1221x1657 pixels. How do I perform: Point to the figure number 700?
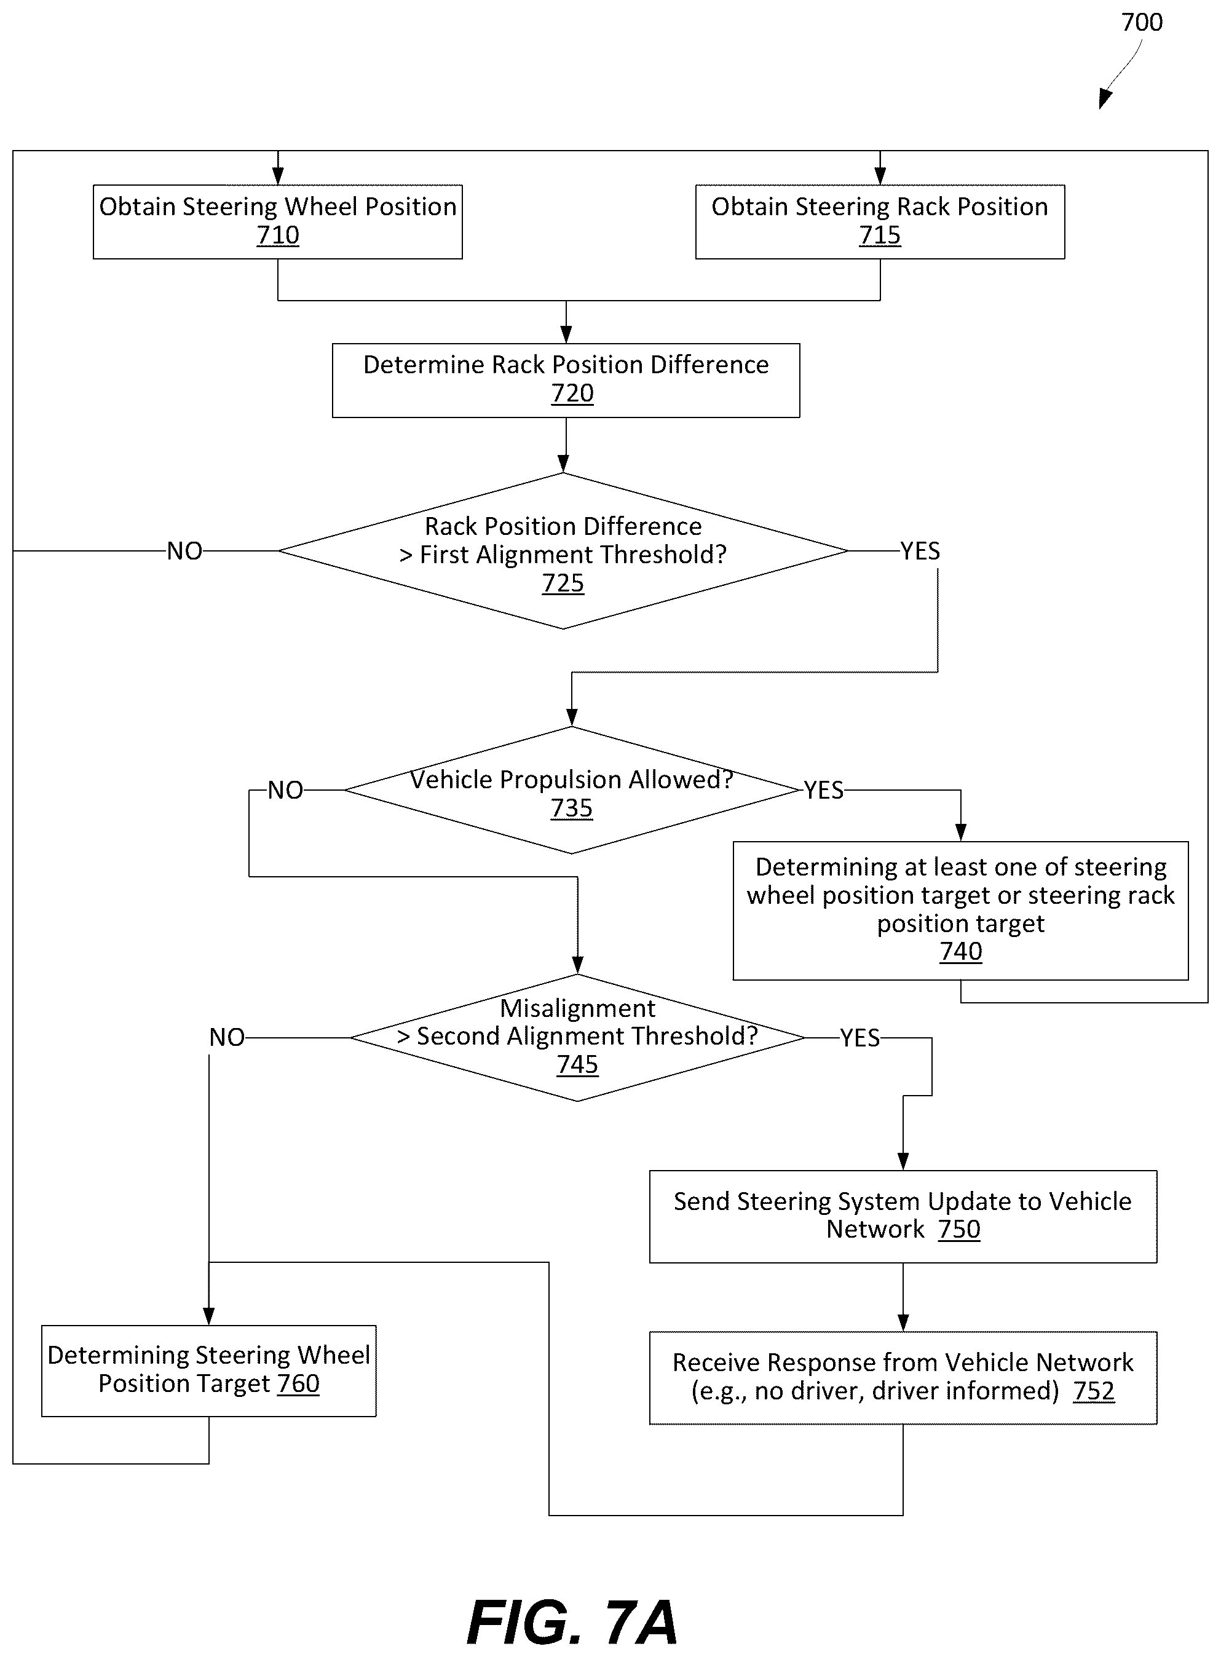(x=1142, y=22)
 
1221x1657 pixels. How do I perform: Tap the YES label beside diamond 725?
(x=920, y=552)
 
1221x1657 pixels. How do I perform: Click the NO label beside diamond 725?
(x=185, y=552)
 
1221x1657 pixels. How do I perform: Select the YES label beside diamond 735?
(x=823, y=791)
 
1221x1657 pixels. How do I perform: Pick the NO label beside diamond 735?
(x=285, y=791)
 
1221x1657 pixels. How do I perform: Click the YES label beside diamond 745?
(x=859, y=1038)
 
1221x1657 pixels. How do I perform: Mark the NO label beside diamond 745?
(x=227, y=1038)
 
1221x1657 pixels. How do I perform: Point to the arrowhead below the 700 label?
(x=1105, y=99)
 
